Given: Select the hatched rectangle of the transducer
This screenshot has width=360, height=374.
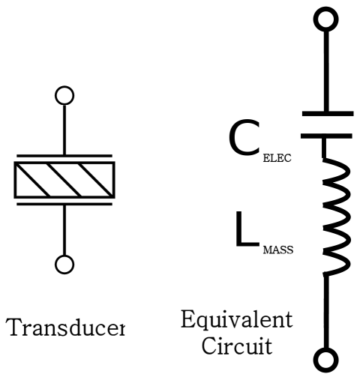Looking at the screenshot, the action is tap(64, 180).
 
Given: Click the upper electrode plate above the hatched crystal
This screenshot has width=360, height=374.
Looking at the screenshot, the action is tap(64, 156).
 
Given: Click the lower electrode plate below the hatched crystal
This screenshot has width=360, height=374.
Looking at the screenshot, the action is tap(64, 204).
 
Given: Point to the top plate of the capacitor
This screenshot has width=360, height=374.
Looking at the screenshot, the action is tap(328, 114).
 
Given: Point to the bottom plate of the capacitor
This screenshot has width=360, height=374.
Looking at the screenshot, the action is tap(326, 136).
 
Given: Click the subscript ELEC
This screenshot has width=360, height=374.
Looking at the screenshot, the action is tap(277, 158).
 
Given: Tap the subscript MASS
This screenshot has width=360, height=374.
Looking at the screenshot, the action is tap(278, 250).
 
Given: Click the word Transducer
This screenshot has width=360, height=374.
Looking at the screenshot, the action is tap(65, 327).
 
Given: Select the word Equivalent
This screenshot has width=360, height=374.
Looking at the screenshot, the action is tap(236, 320).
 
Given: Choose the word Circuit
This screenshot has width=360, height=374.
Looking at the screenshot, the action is tap(236, 346).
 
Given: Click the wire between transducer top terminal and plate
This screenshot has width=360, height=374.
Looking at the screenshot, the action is tap(64, 130).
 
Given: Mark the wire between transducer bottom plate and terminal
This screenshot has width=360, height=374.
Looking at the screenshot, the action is tap(64, 230).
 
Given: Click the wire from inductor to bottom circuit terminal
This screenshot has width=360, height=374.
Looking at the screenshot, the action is tap(325, 312).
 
